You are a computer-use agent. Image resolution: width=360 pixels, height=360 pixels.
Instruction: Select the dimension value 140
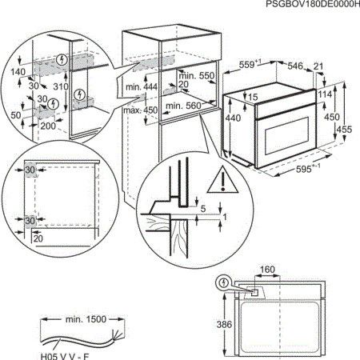[14, 72]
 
